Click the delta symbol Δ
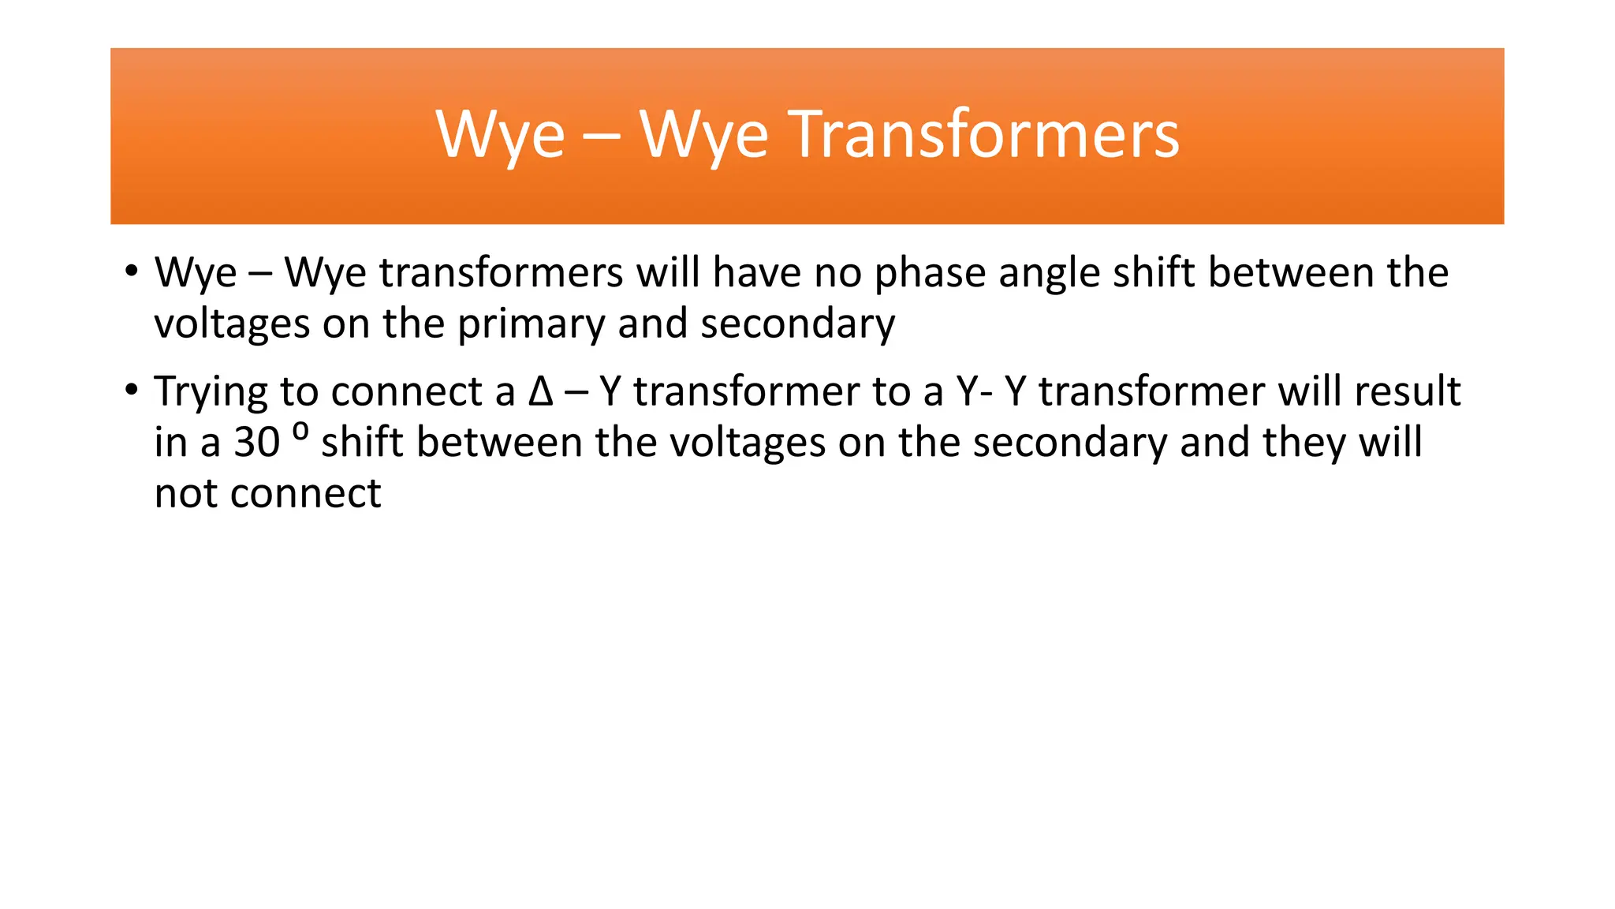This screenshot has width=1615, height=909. point(541,391)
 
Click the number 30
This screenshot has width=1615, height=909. point(257,443)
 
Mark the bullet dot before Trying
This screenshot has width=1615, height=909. point(131,390)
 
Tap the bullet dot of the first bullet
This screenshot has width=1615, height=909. point(131,271)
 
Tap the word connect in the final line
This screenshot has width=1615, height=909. point(306,495)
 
